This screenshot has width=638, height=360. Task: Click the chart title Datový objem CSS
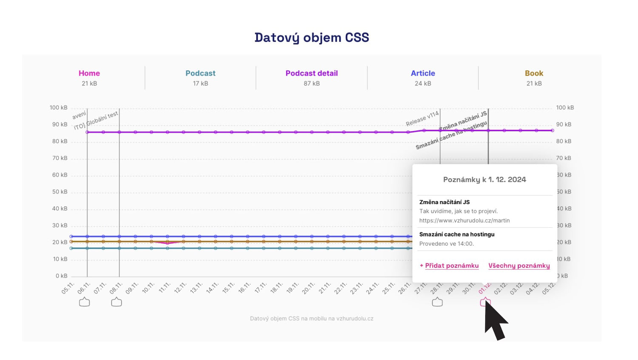[x=311, y=37]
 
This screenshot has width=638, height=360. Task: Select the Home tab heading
[x=89, y=73]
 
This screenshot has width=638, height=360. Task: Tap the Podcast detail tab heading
[x=311, y=73]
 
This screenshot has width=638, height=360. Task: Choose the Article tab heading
[x=423, y=73]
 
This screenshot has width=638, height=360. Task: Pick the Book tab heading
[x=534, y=73]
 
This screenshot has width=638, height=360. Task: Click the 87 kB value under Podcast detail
[x=311, y=83]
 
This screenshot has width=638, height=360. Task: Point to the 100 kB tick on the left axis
[x=58, y=108]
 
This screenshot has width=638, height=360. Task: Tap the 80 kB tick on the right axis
[x=564, y=141]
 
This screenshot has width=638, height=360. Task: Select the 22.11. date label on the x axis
[x=340, y=288]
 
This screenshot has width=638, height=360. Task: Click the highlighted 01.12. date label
[x=484, y=288]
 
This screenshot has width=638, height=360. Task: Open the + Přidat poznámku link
[x=449, y=266]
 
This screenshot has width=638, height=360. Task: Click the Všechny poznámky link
[x=519, y=266]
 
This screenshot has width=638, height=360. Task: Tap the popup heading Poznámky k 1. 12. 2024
[x=484, y=180]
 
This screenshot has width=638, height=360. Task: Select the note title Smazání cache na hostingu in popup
[x=457, y=234]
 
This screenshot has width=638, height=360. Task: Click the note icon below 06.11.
[x=84, y=302]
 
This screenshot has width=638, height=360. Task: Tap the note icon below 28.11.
[x=437, y=302]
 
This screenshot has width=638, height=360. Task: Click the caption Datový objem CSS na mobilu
[x=311, y=318]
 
